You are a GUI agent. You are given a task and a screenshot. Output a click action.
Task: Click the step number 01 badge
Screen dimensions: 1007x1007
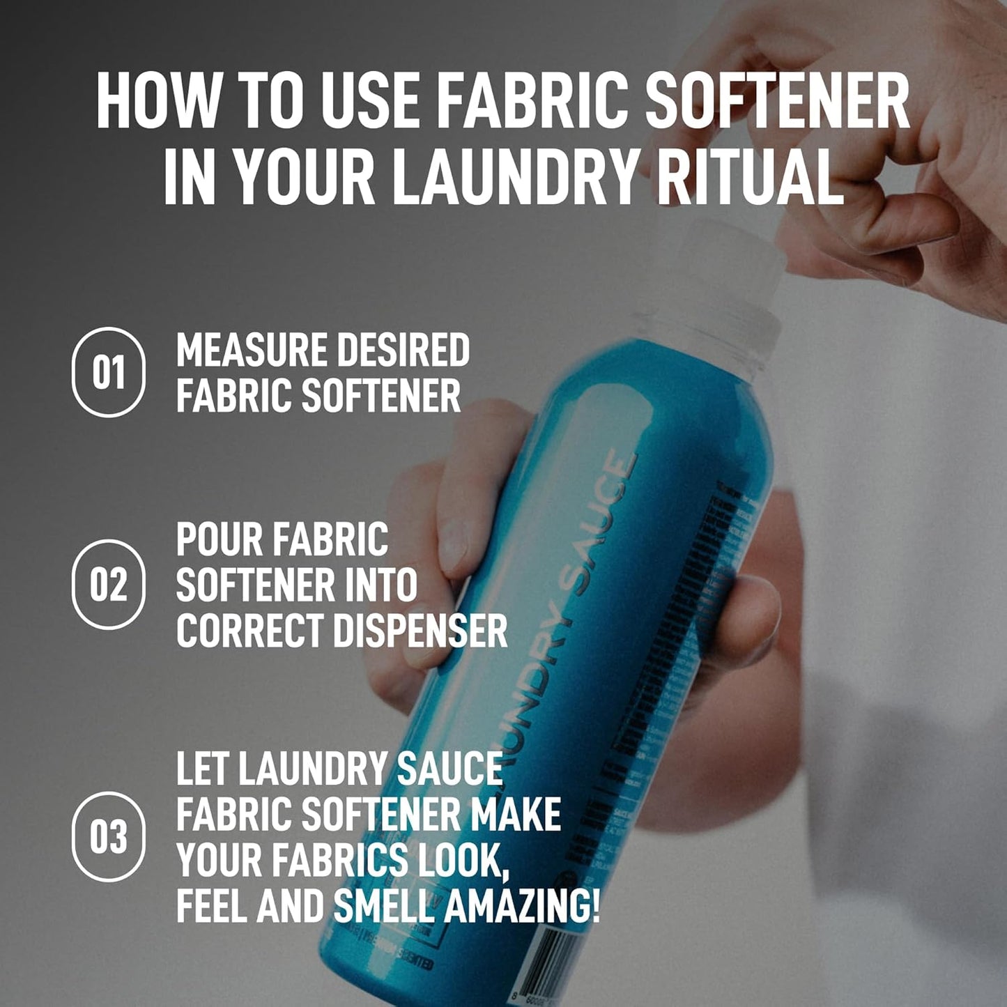point(109,372)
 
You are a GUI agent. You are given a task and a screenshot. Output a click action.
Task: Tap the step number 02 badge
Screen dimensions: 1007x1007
point(109,585)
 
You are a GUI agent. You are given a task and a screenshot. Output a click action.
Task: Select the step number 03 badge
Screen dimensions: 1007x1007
point(109,837)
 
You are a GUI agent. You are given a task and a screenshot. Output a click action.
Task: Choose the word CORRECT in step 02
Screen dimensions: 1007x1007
point(249,631)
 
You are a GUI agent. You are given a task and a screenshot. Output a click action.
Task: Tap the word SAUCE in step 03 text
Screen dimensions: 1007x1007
point(449,769)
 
